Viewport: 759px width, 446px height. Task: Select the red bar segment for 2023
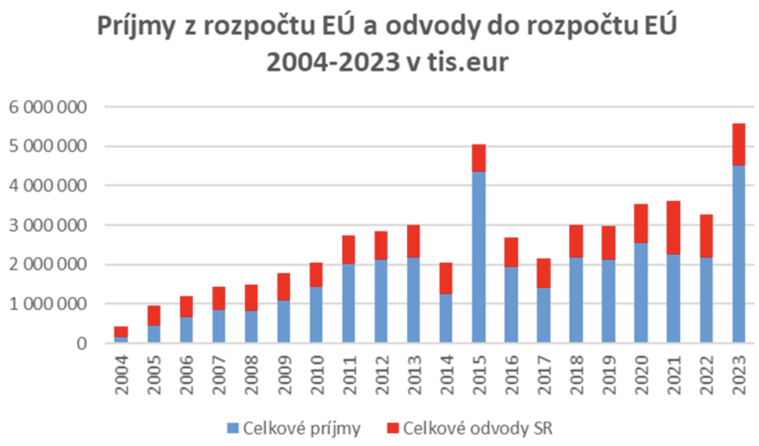[739, 144]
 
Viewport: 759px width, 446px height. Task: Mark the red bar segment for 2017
[543, 273]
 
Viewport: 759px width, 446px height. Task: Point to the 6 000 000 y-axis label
[49, 106]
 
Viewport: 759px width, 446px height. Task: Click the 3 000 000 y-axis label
[49, 225]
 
